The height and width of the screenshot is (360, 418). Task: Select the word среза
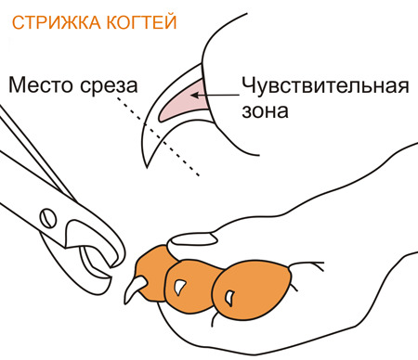click(109, 86)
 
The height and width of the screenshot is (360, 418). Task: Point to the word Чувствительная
click(325, 85)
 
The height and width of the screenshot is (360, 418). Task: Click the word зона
click(265, 111)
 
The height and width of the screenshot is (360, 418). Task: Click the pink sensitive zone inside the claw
click(183, 103)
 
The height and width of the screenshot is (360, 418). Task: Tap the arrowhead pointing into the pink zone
click(195, 95)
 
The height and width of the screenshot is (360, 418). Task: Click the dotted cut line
click(158, 136)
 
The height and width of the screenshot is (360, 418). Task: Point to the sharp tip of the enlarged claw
click(148, 167)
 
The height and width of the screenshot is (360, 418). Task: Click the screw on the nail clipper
click(48, 218)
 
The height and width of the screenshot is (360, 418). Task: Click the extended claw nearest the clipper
click(135, 289)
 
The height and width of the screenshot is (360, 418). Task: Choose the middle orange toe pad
click(189, 286)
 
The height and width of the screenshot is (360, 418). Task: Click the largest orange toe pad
click(253, 290)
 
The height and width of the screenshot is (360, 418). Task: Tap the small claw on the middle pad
click(179, 287)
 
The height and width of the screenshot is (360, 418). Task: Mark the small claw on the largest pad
click(229, 298)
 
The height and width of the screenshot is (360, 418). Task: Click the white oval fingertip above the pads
click(192, 239)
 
